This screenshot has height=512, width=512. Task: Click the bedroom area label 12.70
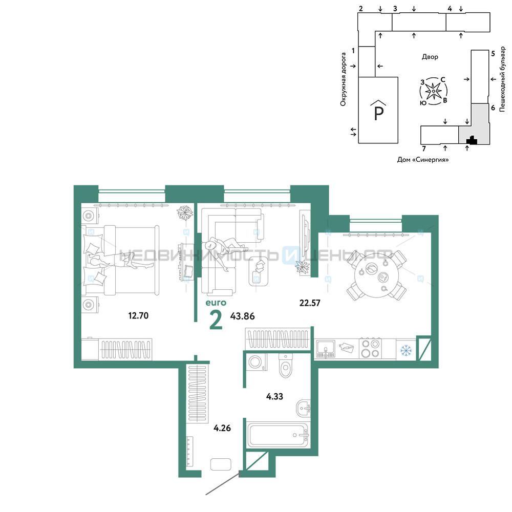click(138, 315)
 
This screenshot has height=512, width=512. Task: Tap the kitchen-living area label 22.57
click(310, 303)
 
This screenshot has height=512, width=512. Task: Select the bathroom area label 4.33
click(274, 396)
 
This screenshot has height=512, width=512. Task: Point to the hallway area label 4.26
click(222, 428)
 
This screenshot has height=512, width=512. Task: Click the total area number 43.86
click(242, 316)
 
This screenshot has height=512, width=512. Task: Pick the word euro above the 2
click(216, 303)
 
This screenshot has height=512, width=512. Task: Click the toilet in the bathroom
click(286, 366)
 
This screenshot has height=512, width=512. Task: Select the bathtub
click(278, 435)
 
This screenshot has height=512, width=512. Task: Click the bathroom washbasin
click(303, 408)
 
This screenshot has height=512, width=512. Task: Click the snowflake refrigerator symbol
click(406, 350)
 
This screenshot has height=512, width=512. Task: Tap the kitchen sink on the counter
click(326, 349)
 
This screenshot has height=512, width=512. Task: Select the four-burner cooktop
click(371, 348)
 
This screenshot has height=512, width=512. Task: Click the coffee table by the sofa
click(259, 271)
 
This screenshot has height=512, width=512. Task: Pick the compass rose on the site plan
click(433, 91)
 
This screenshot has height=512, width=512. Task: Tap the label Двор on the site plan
click(430, 57)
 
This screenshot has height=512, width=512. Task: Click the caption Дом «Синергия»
click(423, 160)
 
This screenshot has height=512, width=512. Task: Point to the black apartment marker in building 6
click(472, 140)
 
